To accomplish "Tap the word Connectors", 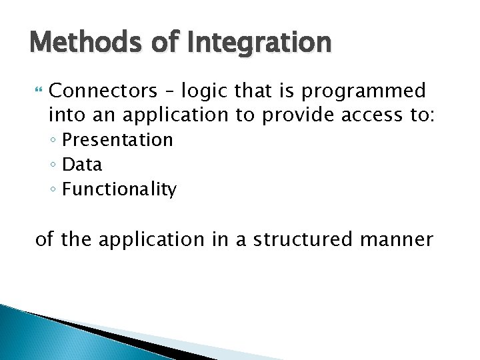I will (x=101, y=90).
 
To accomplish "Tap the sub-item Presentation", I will (x=117, y=140).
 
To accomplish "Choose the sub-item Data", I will (x=82, y=165).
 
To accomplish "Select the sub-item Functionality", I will (x=119, y=189).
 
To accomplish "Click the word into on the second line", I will (x=65, y=115).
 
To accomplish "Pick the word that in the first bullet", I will (x=252, y=90).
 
